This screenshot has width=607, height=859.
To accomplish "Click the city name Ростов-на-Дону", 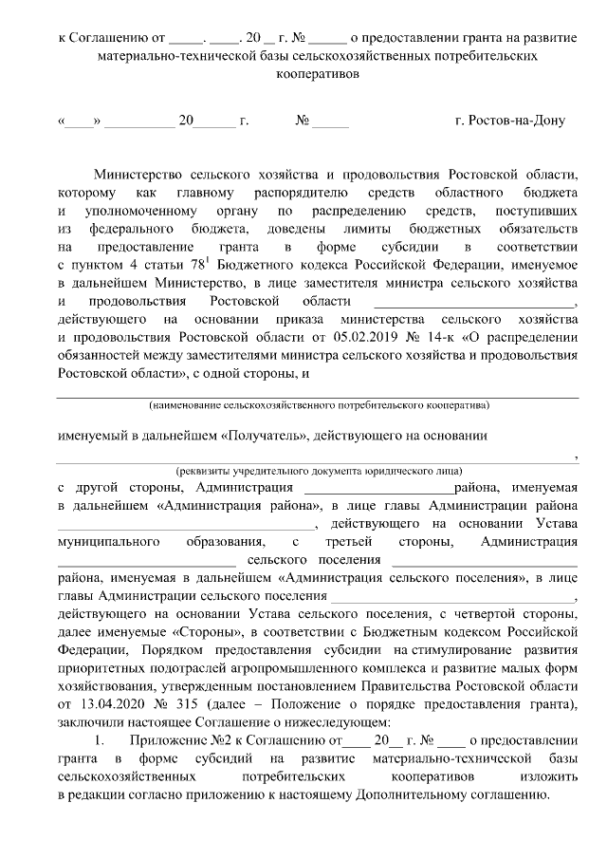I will point(510,121).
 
